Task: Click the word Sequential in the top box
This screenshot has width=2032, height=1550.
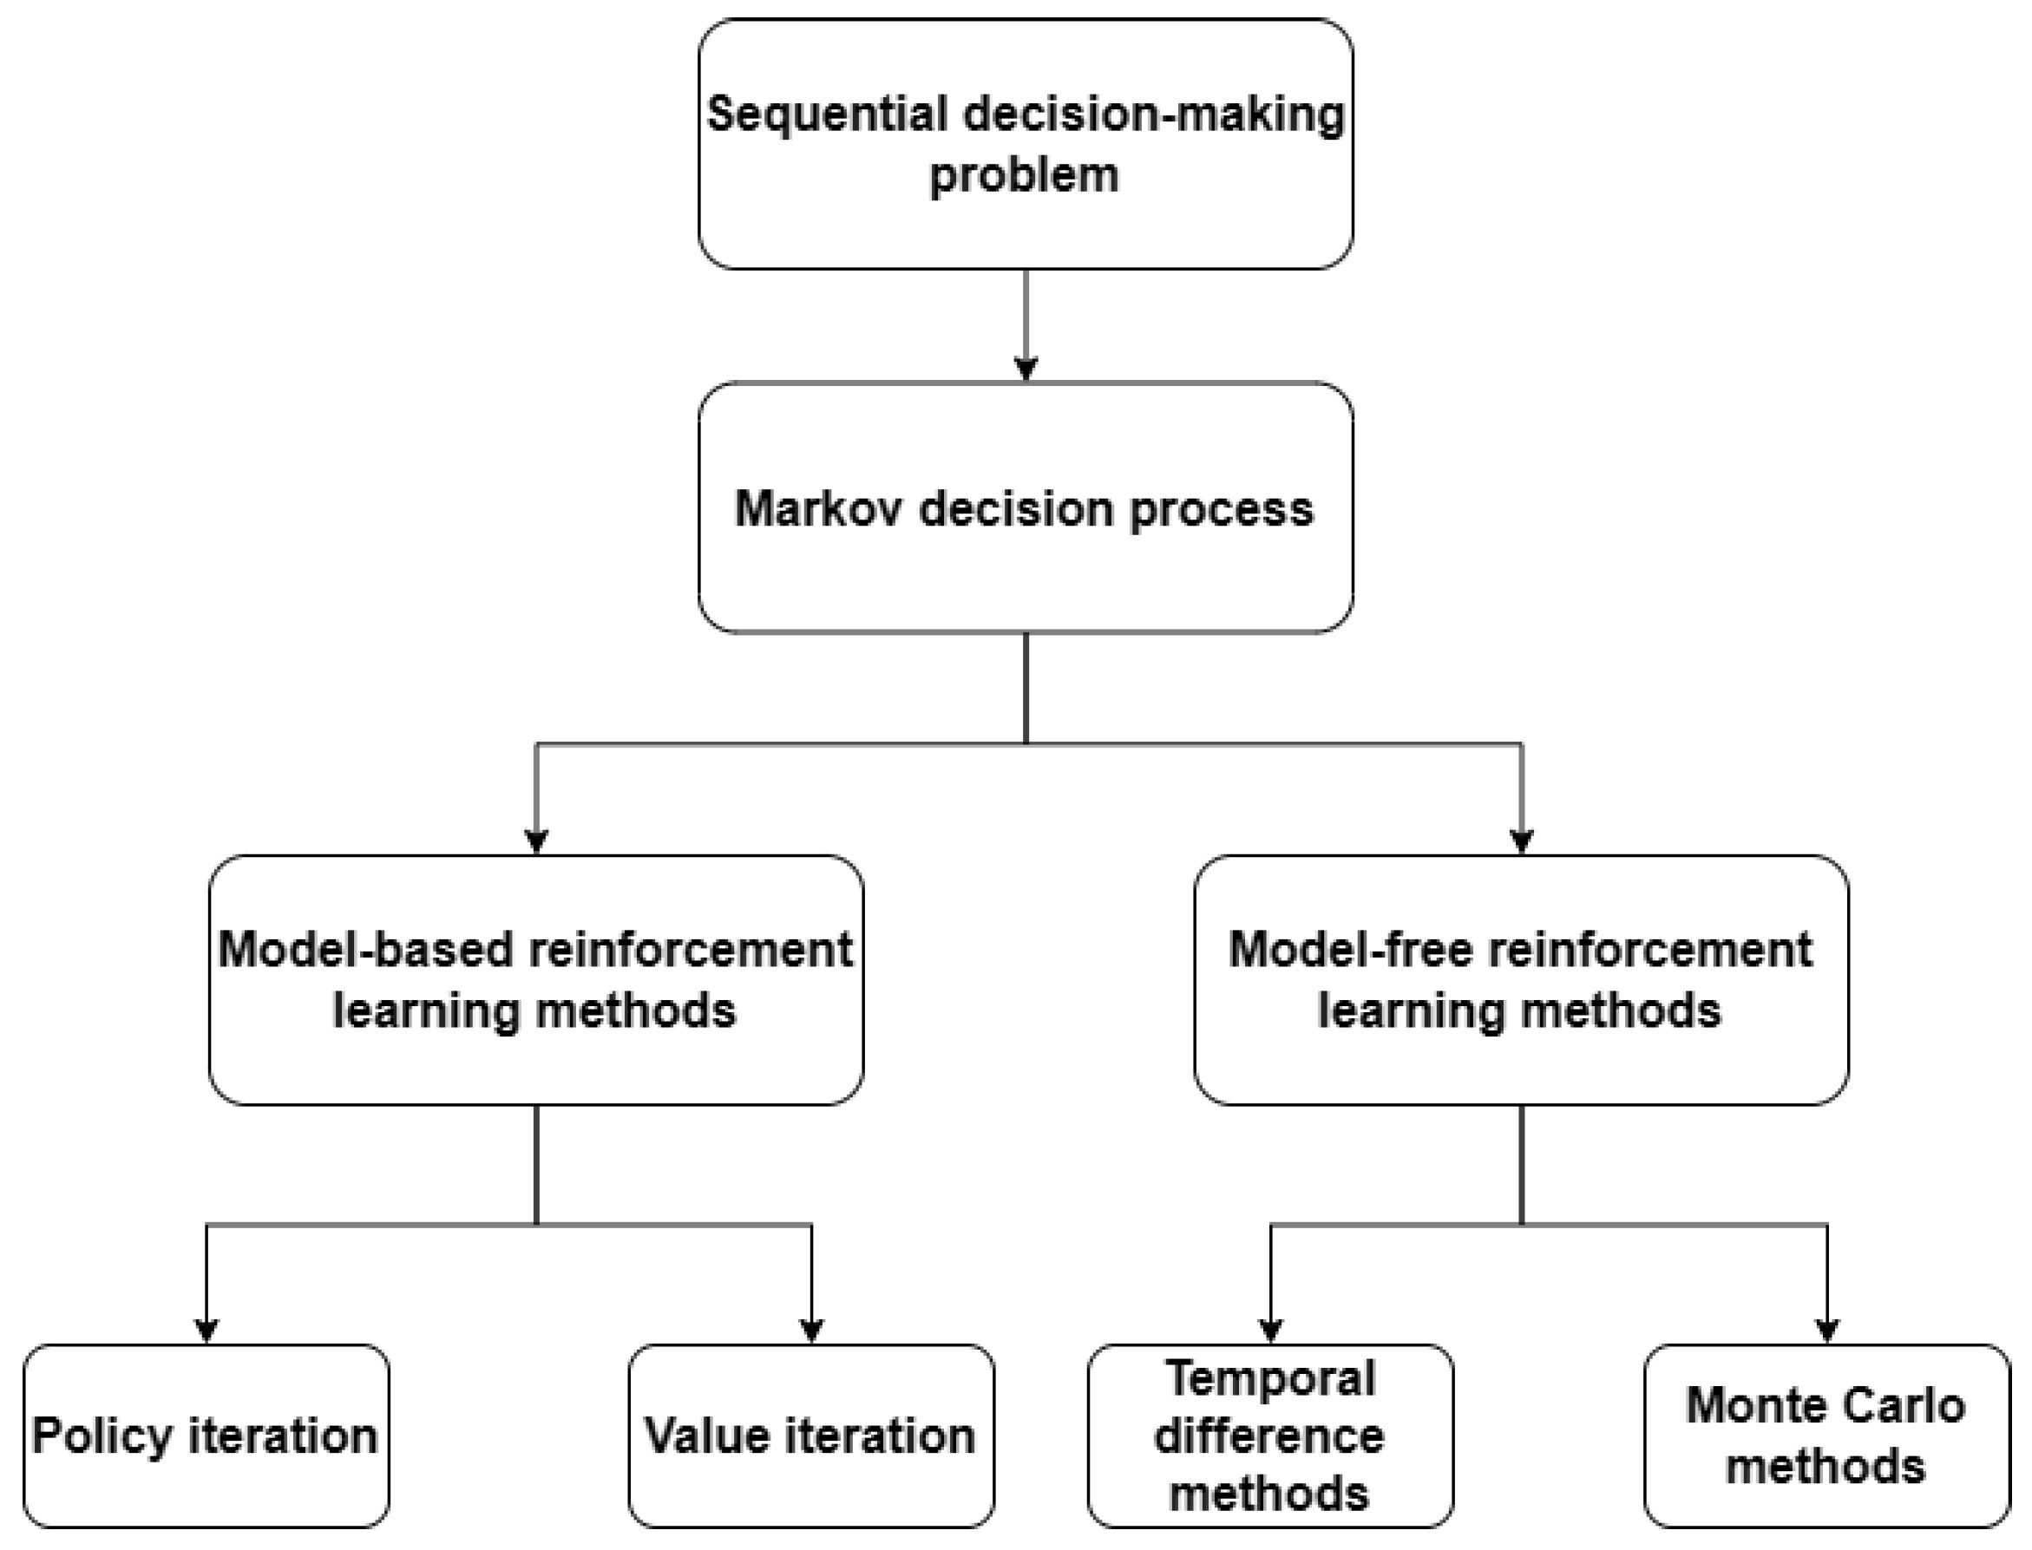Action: [x=827, y=115]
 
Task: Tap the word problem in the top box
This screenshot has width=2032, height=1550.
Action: [x=1025, y=175]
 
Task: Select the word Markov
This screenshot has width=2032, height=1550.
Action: [x=817, y=509]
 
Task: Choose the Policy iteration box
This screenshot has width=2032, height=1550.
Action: [x=206, y=1436]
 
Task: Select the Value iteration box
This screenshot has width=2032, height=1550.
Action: [x=811, y=1436]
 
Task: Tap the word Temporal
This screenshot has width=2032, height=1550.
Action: [x=1271, y=1379]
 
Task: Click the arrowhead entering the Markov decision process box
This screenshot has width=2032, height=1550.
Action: [x=1026, y=369]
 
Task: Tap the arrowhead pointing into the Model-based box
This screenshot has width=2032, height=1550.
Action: [x=536, y=841]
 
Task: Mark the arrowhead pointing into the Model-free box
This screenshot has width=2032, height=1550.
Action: [x=1522, y=841]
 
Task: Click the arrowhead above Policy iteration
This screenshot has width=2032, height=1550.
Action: [x=206, y=1331]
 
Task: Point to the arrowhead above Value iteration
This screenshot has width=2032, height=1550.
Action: [x=811, y=1331]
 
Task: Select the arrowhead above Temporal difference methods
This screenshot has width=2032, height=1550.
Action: [x=1271, y=1331]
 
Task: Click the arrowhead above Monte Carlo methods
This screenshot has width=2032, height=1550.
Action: [x=1827, y=1331]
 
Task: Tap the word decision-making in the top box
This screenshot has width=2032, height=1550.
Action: [x=1153, y=115]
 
